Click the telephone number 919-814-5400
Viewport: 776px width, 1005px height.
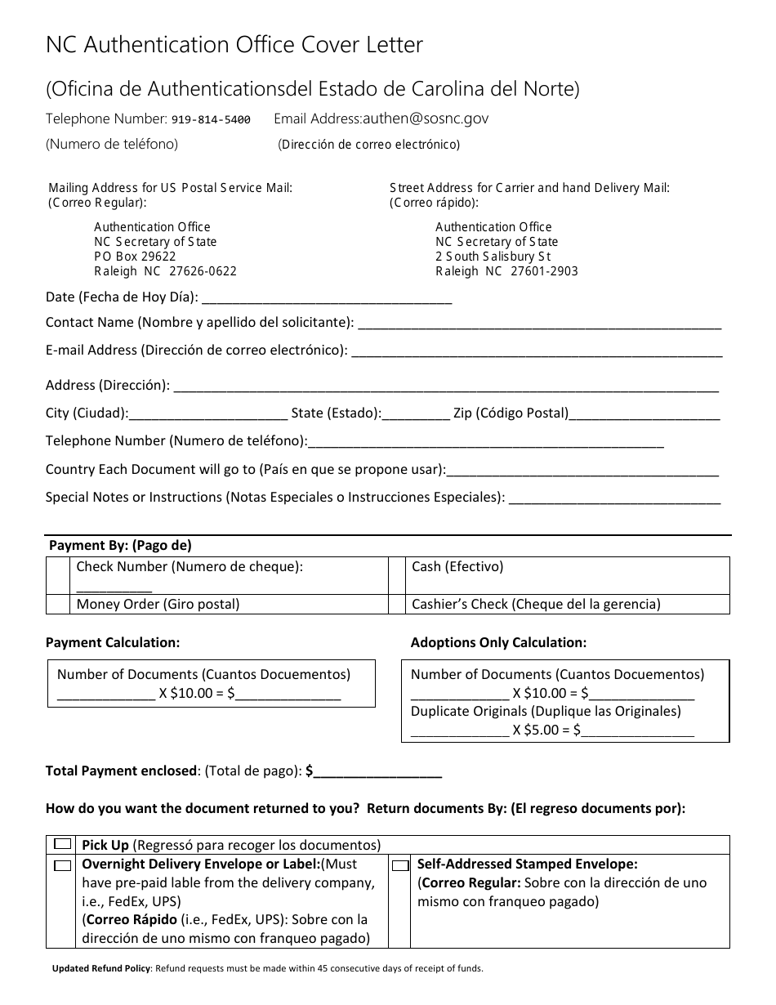pos(211,119)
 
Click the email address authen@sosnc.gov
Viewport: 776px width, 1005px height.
pos(426,118)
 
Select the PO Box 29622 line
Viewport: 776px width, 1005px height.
pos(135,257)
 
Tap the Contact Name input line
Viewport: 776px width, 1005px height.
pos(539,324)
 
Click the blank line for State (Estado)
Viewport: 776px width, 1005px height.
pos(416,415)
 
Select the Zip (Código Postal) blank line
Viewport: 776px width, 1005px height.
pos(644,415)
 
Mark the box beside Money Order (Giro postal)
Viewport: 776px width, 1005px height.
pos(58,605)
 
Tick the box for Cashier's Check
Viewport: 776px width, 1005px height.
pos(397,605)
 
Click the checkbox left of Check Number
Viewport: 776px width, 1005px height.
pos(58,575)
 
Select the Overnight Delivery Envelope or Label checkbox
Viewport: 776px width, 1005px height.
pos(63,864)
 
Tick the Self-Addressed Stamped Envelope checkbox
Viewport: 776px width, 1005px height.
pos(400,864)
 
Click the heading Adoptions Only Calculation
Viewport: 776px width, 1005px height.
pos(498,643)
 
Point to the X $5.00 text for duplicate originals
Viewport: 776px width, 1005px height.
pos(540,730)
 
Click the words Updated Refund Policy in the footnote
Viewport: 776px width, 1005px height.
pos(101,969)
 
